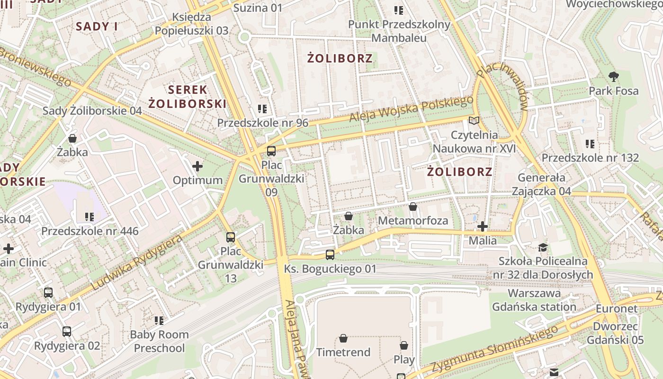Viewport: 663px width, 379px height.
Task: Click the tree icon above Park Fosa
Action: tap(614, 76)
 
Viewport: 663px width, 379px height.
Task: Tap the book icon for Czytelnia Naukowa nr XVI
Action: tap(474, 120)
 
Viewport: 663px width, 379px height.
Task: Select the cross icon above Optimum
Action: tap(197, 166)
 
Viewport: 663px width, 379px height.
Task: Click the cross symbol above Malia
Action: tap(483, 226)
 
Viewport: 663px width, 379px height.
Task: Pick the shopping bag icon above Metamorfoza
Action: tap(413, 207)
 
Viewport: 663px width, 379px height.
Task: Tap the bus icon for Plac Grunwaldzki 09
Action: tap(271, 151)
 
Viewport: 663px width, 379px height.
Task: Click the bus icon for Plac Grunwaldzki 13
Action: tap(231, 237)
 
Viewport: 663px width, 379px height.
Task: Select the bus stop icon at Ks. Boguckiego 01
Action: tap(330, 255)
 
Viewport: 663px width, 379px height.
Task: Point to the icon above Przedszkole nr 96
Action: tap(262, 109)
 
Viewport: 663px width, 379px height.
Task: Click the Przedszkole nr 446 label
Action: tap(90, 231)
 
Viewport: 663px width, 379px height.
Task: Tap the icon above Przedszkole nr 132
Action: tap(590, 144)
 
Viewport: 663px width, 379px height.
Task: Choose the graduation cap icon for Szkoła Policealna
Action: tap(543, 247)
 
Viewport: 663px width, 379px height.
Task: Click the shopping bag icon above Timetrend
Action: tap(343, 338)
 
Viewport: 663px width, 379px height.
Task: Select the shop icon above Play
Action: tap(404, 345)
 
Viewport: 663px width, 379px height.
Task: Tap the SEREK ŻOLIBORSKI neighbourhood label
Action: tap(187, 96)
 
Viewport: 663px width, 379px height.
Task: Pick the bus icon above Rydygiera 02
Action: tap(67, 332)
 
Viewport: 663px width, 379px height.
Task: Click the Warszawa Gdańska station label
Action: tap(534, 300)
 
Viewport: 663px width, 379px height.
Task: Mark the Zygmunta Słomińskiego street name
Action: tap(493, 350)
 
